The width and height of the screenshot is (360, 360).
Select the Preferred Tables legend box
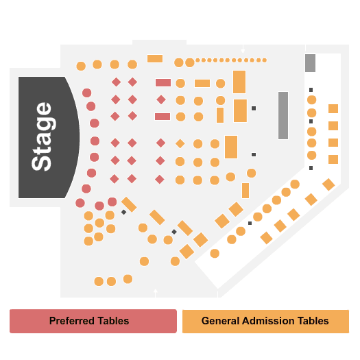[93, 321]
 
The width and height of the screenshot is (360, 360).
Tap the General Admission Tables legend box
[265, 321]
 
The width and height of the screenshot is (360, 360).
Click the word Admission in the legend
[268, 321]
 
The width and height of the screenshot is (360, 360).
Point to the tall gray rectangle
[283, 115]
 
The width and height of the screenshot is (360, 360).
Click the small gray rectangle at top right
[310, 63]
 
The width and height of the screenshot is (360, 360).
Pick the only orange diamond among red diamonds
[180, 143]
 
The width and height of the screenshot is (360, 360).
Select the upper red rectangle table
[163, 83]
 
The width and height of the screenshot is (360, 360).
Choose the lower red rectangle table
[163, 117]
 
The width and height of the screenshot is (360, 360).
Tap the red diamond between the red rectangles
[161, 99]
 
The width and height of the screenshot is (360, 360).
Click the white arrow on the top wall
[243, 49]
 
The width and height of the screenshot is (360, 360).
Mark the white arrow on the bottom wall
[156, 293]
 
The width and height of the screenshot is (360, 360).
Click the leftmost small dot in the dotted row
[197, 60]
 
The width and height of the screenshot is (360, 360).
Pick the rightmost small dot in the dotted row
[265, 60]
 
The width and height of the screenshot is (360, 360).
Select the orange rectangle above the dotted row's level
[155, 58]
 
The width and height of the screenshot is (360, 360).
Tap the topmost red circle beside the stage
[87, 93]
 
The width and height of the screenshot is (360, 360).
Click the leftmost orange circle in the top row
[81, 66]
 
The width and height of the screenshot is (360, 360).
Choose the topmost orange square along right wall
[333, 108]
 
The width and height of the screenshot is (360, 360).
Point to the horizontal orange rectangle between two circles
[202, 83]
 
